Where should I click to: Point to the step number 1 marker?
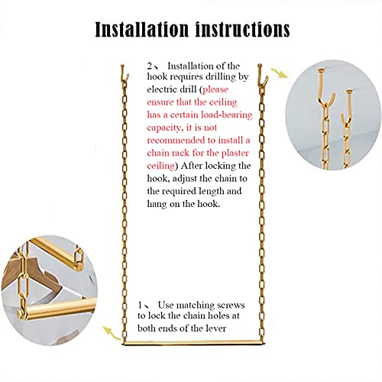tap(144, 303)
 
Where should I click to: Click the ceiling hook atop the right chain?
tap(262, 74)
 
